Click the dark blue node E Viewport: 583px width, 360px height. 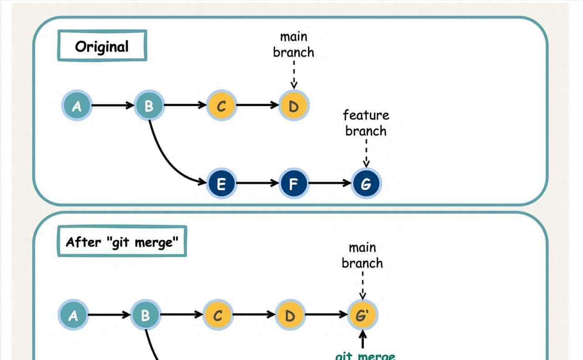(x=221, y=184)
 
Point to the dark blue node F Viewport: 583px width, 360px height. (x=293, y=184)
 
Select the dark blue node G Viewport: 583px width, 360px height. (x=366, y=184)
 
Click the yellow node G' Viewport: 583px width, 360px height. (x=362, y=315)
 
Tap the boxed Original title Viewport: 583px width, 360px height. (x=102, y=46)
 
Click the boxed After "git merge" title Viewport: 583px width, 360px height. (x=122, y=242)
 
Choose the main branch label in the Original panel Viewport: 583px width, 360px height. (x=293, y=45)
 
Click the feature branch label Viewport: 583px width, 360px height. (x=366, y=123)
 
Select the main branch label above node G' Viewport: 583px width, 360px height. (x=362, y=255)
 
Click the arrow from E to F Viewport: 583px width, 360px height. (x=257, y=183)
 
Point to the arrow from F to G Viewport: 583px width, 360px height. (x=330, y=183)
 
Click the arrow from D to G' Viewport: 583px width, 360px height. (x=326, y=314)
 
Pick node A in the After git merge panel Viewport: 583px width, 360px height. (x=73, y=315)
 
